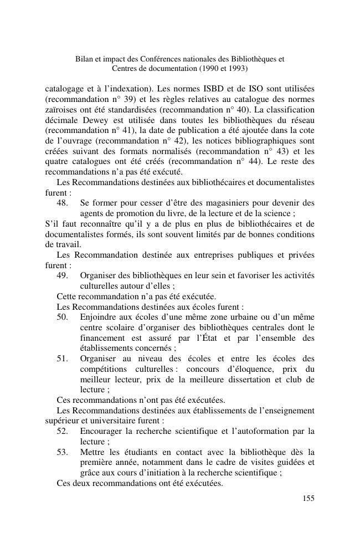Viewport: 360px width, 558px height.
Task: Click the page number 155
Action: point(308,498)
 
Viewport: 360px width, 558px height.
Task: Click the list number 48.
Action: point(63,203)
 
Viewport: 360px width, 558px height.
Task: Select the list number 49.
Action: point(63,276)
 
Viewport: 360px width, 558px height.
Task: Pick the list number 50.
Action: point(63,317)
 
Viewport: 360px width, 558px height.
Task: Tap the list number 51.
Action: point(63,358)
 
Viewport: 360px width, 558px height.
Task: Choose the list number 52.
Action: point(63,431)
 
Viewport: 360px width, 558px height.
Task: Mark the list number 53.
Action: point(63,452)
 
